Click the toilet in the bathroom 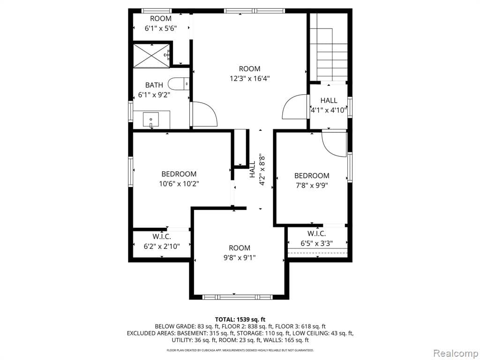click(x=178, y=83)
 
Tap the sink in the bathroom click(x=151, y=120)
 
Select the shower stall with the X click(x=151, y=56)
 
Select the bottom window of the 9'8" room click(x=237, y=297)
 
